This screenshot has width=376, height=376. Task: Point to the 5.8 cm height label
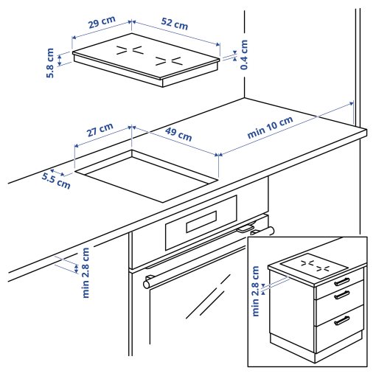pos(51,64)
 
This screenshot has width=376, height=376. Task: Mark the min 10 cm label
pos(270,128)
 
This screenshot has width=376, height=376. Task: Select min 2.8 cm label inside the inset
pos(257,290)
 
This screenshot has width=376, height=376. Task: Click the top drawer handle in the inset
pos(342,281)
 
